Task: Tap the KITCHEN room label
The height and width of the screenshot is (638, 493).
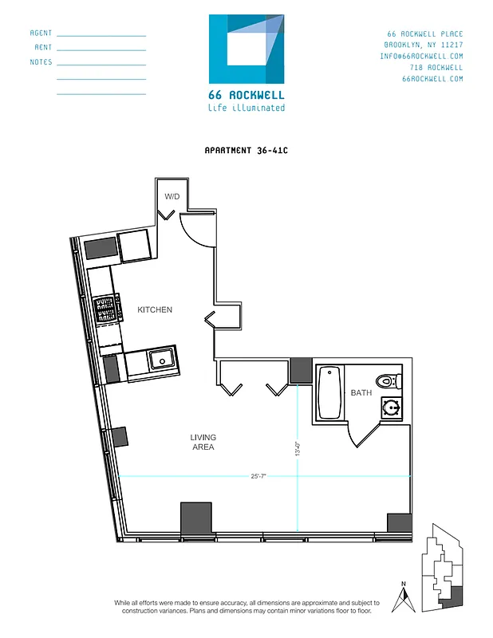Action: click(x=155, y=309)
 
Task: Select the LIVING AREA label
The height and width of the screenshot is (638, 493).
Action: click(x=203, y=442)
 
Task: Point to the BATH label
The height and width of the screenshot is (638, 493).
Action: click(x=361, y=392)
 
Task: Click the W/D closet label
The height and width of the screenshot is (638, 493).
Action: click(x=172, y=196)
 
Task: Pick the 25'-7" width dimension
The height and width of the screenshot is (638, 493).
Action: click(x=258, y=476)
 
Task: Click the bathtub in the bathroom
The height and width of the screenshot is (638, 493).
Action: click(x=329, y=392)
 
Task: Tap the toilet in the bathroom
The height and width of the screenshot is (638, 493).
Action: click(x=388, y=380)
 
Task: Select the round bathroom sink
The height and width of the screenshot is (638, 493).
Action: click(x=391, y=408)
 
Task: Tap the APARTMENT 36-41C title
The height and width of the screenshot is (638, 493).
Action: click(x=246, y=150)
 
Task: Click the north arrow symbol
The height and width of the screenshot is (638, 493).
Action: click(x=405, y=598)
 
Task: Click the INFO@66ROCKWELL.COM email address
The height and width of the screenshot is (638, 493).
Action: click(x=421, y=57)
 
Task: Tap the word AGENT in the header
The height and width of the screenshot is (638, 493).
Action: click(x=41, y=33)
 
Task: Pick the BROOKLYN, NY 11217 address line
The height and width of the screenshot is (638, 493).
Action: click(x=423, y=45)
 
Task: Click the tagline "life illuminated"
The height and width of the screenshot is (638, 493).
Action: click(x=246, y=108)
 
